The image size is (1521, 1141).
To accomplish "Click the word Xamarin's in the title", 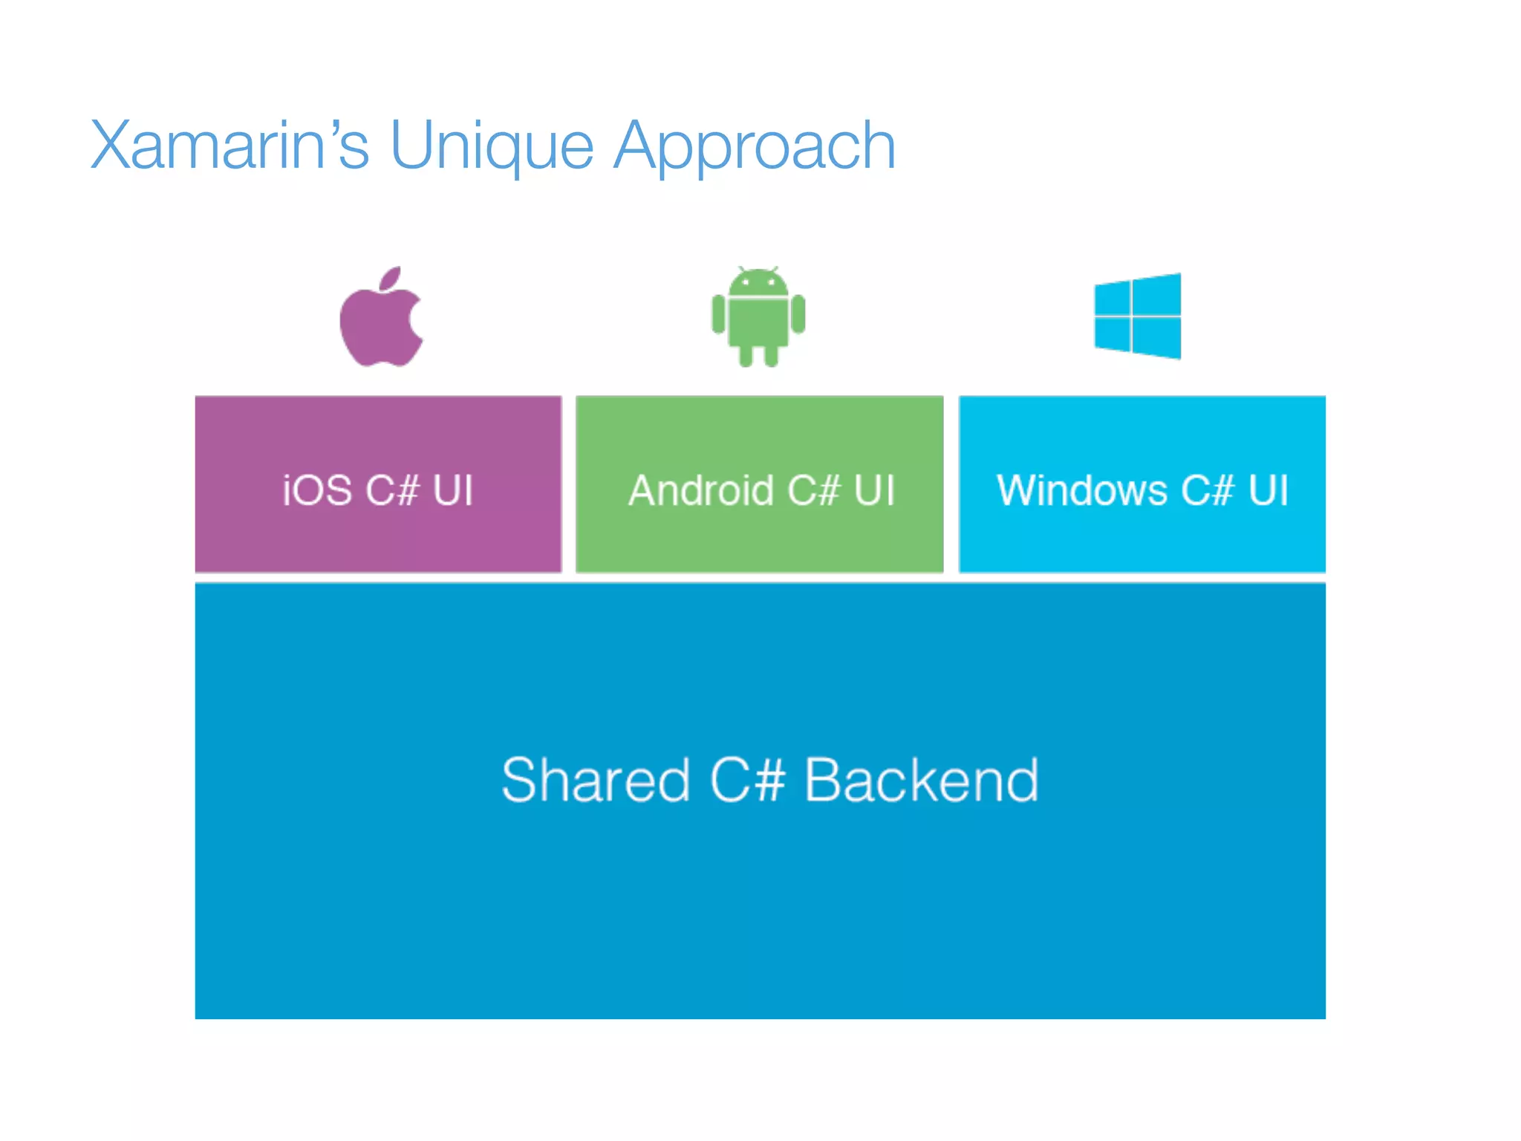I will point(229,146).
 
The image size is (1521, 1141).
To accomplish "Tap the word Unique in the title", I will point(491,147).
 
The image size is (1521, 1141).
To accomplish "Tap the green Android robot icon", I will point(758,316).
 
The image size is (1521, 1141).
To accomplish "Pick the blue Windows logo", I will point(1137,316).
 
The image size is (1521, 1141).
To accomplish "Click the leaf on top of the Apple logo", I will point(391,278).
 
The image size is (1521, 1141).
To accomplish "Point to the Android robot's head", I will point(758,283).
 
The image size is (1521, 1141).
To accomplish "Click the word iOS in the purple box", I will point(317,490).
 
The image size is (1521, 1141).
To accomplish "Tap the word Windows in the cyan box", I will point(1082,490).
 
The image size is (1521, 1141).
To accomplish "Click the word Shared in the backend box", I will point(596,780).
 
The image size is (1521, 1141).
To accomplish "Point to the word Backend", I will point(922,780).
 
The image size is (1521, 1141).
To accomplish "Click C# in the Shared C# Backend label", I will point(747,780).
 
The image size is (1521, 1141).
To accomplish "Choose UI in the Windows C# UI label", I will point(1268,490).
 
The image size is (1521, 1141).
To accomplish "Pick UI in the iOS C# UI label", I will point(452,490).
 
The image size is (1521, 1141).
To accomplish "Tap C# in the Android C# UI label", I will point(814,490).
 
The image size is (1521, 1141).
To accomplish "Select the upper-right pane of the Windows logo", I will point(1156,295).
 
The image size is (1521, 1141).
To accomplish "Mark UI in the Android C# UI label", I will point(874,490).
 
